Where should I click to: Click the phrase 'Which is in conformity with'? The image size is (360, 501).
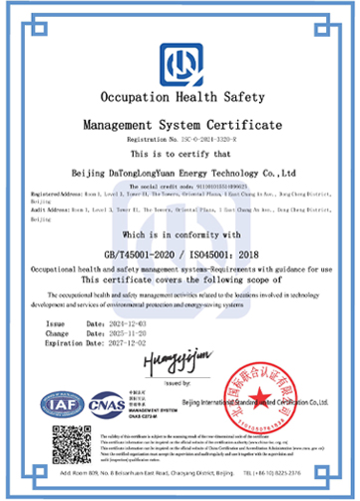180,235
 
